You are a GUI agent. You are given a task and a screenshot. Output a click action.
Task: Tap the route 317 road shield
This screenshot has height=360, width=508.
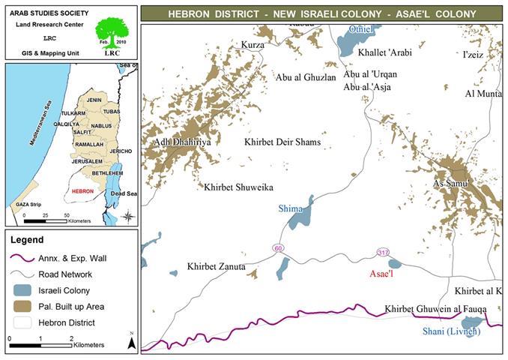point(384,253)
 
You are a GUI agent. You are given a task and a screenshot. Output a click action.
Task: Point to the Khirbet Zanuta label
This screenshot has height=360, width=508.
point(217,266)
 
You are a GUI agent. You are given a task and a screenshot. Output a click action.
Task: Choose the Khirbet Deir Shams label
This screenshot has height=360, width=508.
point(282,142)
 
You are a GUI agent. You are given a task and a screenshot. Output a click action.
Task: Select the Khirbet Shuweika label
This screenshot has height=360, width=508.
point(238,186)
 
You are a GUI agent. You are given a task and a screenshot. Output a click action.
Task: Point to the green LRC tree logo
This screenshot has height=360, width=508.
point(112,34)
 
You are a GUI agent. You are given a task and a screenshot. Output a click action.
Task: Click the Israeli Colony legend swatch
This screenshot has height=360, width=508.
point(24,290)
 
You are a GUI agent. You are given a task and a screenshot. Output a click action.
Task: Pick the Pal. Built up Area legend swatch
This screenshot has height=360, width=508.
point(24,306)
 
